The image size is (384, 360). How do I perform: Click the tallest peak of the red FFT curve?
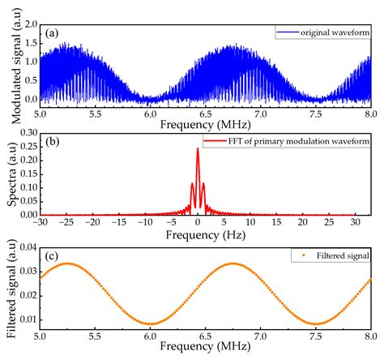198,149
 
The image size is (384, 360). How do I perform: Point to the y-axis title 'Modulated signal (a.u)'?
9,65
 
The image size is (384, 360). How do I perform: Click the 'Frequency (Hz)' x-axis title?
203,234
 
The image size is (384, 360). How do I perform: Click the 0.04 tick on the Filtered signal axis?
25,247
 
